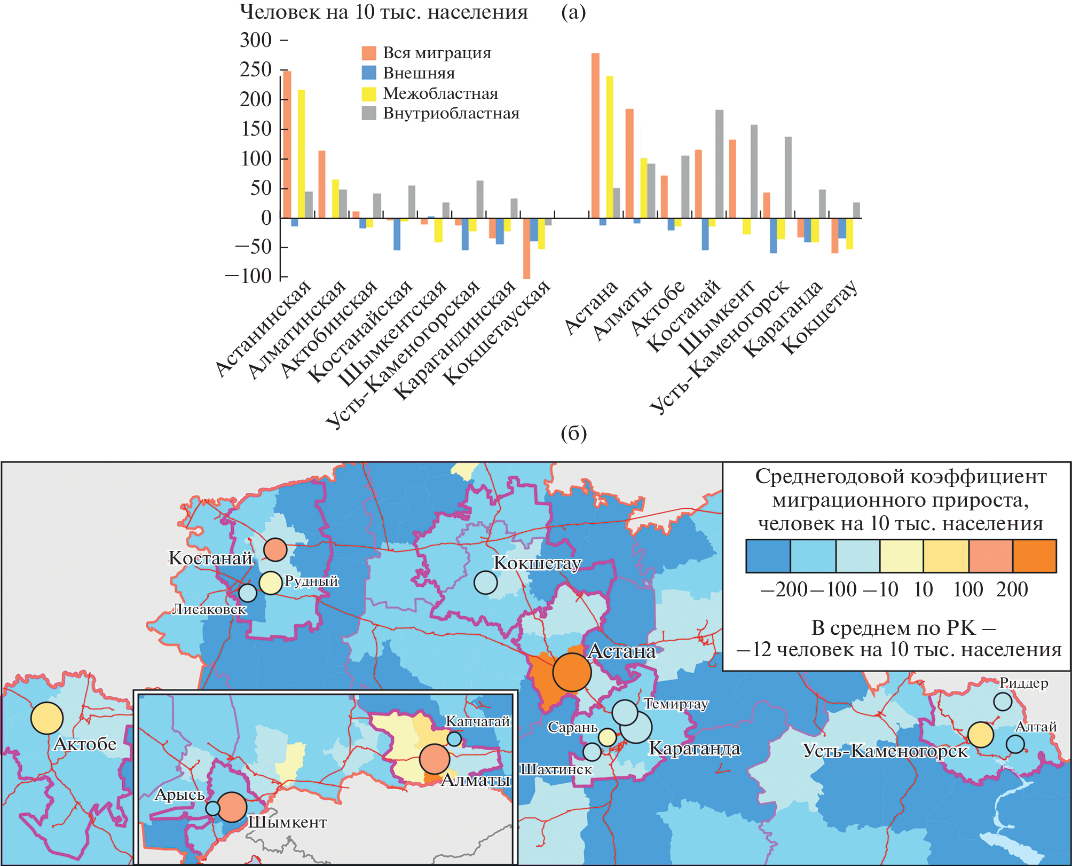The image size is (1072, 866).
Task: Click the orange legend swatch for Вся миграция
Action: [369, 53]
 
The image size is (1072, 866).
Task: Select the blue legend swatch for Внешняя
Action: [369, 73]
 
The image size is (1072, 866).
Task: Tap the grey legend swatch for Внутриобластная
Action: [369, 113]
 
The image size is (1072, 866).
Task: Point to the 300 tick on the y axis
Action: [256, 40]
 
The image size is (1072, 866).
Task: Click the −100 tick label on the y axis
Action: [248, 276]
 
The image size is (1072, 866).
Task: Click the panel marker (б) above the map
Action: [573, 434]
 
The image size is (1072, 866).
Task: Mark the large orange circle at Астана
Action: [572, 672]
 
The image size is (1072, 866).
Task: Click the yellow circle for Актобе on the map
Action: [47, 718]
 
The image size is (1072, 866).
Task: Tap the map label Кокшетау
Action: [537, 563]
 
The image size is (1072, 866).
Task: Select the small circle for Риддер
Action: [1003, 702]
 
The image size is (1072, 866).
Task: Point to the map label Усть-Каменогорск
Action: [885, 751]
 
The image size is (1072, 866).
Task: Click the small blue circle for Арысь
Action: [212, 808]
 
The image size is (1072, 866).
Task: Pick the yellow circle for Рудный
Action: [270, 583]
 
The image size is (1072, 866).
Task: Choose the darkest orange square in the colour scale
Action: [1034, 556]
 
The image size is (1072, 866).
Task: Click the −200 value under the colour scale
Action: [783, 589]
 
